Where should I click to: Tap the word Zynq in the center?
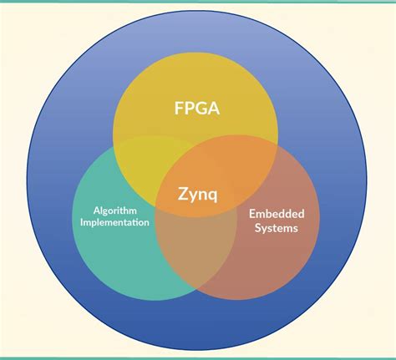click(x=198, y=194)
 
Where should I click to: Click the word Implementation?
click(x=111, y=222)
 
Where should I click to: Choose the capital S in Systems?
click(x=258, y=226)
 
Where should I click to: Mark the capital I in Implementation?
click(x=76, y=222)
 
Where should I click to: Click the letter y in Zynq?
click(x=193, y=195)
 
